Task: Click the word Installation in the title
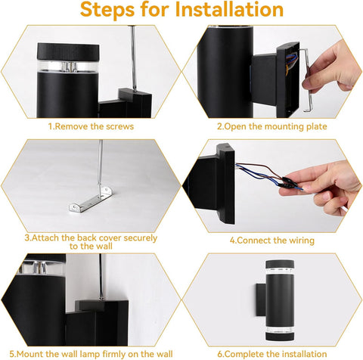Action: (229, 9)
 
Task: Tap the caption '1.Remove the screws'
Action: (91, 126)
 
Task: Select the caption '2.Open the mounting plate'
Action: (272, 126)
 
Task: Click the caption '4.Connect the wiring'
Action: (272, 241)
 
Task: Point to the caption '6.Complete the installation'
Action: (272, 354)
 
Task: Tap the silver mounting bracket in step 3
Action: (91, 199)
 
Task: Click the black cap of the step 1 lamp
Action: (68, 51)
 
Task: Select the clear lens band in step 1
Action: (68, 67)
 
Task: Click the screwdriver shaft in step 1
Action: (133, 58)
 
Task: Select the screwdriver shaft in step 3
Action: (100, 166)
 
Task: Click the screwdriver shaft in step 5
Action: (101, 277)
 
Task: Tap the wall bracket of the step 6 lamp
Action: (261, 299)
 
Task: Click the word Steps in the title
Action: (107, 10)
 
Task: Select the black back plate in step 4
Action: (225, 184)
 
